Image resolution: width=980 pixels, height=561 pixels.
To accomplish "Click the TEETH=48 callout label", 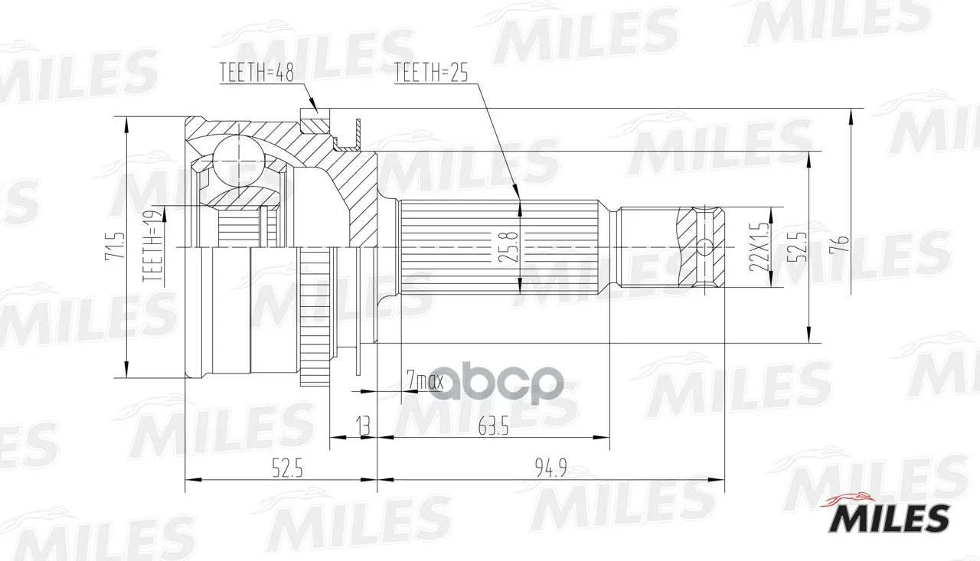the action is [256, 73].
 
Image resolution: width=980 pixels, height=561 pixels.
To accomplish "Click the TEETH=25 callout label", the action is [431, 73].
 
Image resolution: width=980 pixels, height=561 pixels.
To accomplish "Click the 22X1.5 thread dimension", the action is [759, 246].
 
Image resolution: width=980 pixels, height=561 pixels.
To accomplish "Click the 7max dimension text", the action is [425, 381].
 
